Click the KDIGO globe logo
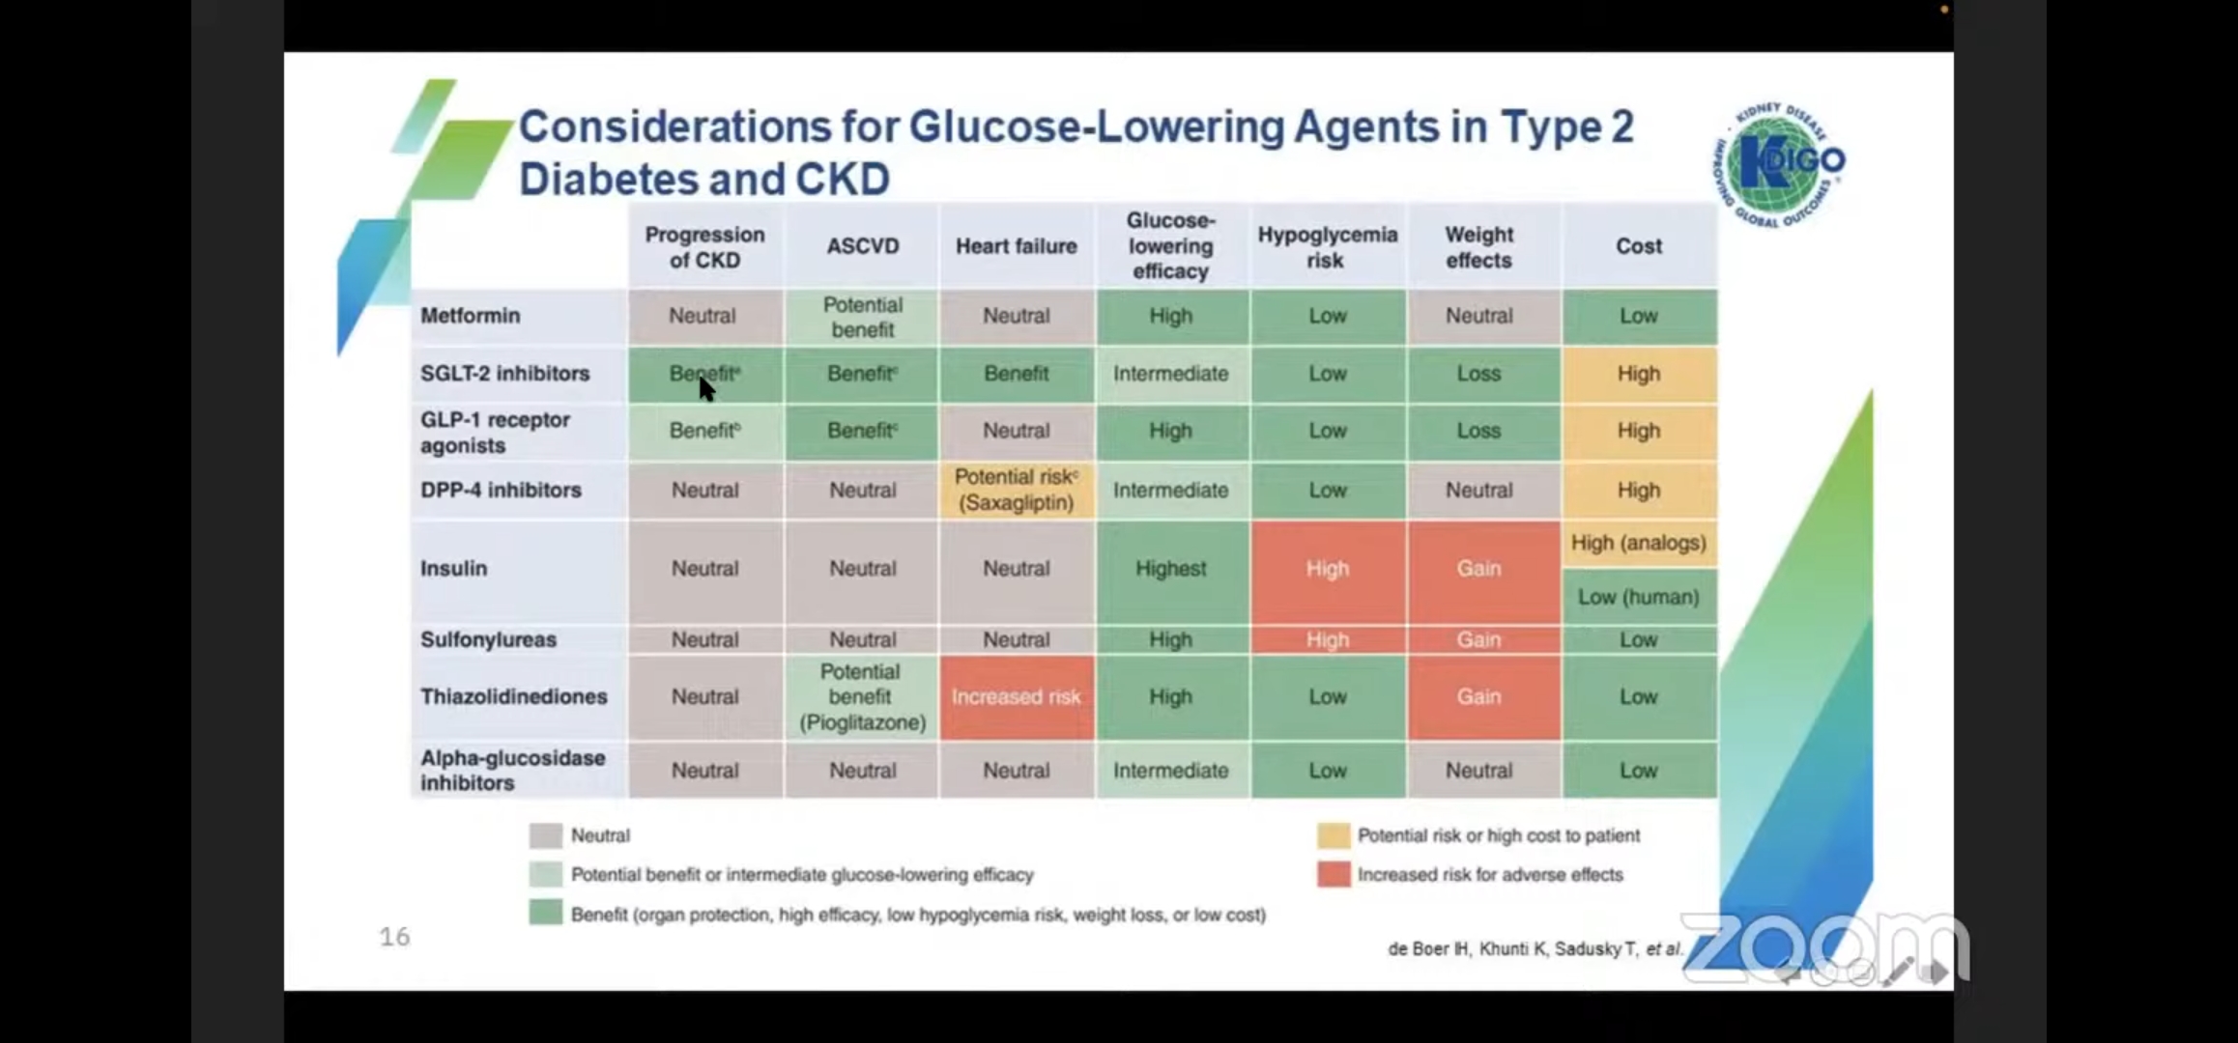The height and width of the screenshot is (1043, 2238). tap(1783, 164)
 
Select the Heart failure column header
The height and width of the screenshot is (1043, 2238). tap(1016, 246)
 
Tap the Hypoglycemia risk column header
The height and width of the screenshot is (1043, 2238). tap(1327, 247)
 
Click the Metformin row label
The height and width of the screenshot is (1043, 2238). tap(471, 316)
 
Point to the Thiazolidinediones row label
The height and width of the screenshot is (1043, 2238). tap(513, 696)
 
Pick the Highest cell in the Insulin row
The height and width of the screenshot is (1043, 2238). tap(1170, 569)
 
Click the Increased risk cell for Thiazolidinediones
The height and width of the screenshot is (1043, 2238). tap(1016, 697)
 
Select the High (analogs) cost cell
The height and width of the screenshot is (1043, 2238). tap(1638, 543)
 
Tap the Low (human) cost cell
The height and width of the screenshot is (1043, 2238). tap(1638, 597)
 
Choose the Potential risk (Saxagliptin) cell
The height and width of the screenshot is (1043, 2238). tap(1016, 490)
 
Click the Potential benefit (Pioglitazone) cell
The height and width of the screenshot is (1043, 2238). tap(862, 697)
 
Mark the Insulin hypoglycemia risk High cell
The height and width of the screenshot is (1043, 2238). tap(1327, 569)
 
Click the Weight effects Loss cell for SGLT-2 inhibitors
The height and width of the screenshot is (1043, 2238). tap(1478, 374)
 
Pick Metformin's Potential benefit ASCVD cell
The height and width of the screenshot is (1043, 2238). tap(862, 317)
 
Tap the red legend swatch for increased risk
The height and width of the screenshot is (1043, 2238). tap(1334, 874)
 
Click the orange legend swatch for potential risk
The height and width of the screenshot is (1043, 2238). tap(1334, 835)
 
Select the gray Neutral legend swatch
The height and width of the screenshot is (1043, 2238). tap(546, 835)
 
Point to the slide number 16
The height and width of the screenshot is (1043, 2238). tap(394, 936)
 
